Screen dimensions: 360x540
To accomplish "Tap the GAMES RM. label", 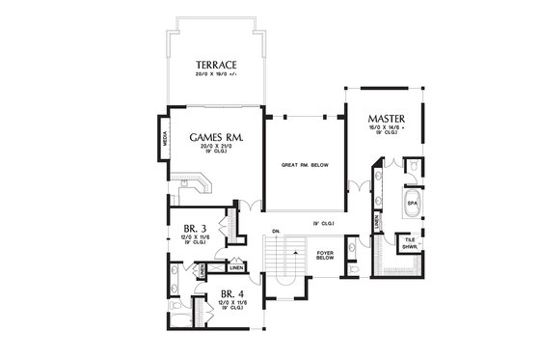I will click(214, 137).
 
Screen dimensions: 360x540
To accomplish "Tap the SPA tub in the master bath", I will click(412, 205).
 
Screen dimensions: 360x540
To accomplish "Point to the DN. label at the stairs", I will click(277, 232).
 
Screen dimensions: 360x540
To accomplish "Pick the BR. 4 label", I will click(231, 293).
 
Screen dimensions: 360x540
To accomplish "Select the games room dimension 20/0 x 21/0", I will click(214, 149).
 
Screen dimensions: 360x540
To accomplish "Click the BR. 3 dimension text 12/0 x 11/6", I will click(193, 237).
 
